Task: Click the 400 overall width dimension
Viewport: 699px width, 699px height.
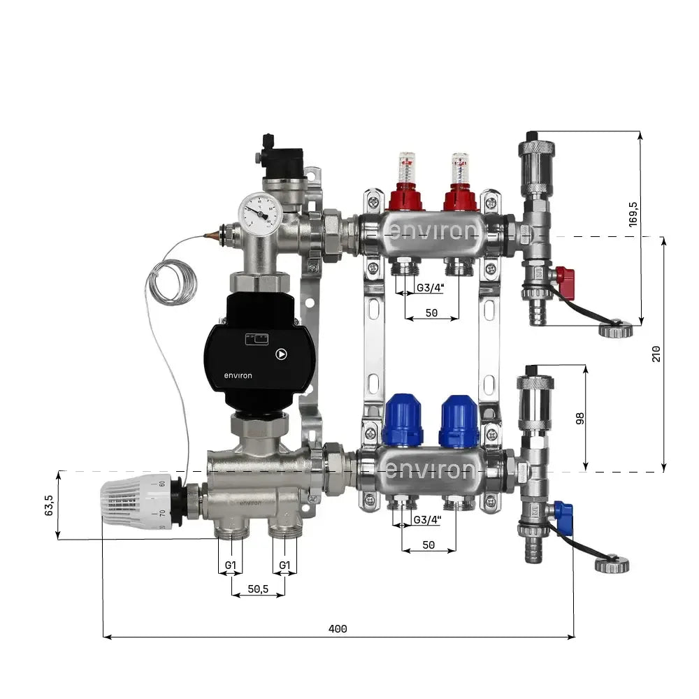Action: coord(338,628)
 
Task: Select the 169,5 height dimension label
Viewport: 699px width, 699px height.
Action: coord(633,215)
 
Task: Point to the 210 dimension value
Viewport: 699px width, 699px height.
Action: coord(656,354)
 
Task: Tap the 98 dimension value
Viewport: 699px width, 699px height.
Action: coord(579,418)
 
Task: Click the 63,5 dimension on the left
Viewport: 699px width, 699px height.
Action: coord(48,505)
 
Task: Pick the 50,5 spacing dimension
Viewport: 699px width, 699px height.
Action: coord(258,589)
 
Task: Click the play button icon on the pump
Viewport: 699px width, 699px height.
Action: coord(280,354)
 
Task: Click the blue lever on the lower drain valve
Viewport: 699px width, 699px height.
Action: coord(563,518)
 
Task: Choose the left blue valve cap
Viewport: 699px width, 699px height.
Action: coord(403,419)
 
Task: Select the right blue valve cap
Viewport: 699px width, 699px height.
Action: coord(459,420)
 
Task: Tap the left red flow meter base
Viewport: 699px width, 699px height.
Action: coord(405,198)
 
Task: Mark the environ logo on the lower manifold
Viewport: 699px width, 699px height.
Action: coord(432,470)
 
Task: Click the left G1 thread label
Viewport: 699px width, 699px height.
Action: coord(229,565)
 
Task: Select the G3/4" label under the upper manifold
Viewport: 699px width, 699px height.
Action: coord(428,288)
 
